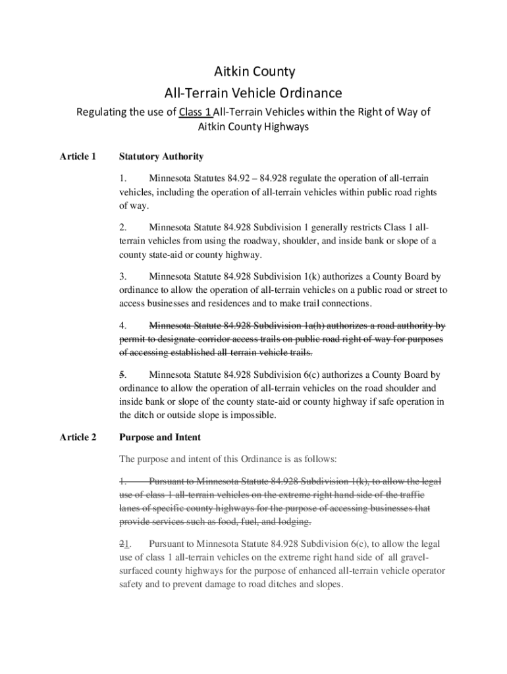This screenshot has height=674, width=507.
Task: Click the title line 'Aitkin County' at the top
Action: point(254,71)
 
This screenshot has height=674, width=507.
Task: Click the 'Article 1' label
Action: point(78,157)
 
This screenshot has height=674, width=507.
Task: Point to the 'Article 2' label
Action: point(78,437)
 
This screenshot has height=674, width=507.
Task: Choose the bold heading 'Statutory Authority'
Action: point(161,157)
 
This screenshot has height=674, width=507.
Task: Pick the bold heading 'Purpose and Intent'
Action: point(159,437)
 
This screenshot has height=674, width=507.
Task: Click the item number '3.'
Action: point(122,276)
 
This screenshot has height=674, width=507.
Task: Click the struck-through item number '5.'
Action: point(122,375)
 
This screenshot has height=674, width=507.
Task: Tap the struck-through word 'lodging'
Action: point(292,522)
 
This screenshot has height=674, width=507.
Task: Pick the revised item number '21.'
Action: point(124,544)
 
